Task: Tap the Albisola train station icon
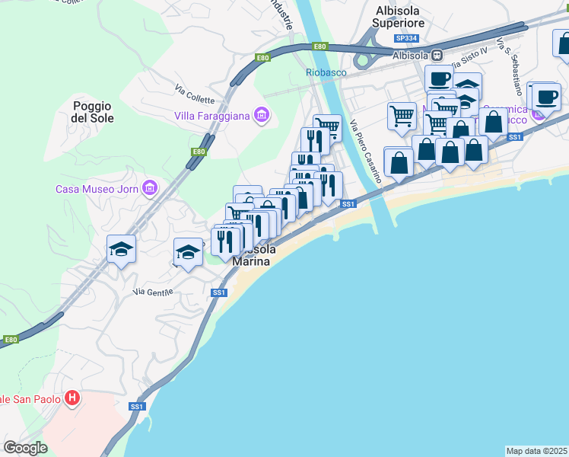(x=437, y=55)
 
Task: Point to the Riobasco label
(x=326, y=72)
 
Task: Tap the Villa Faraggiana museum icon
(x=262, y=116)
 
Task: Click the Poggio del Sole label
(x=93, y=112)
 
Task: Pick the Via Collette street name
(x=195, y=94)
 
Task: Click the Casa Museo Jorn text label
(x=96, y=189)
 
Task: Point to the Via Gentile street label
(x=153, y=291)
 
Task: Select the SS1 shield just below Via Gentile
(x=219, y=292)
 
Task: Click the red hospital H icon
(x=72, y=398)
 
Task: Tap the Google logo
(x=26, y=448)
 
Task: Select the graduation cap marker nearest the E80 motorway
(x=121, y=248)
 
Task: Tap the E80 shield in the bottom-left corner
(x=10, y=340)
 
